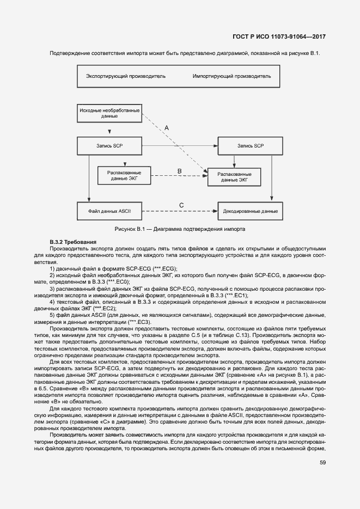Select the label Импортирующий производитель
pos(231,76)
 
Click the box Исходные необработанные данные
pos(109,114)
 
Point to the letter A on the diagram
pos(167,127)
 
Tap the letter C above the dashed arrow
pos(181,205)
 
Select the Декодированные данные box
pos(250,211)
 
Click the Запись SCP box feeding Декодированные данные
pos(250,146)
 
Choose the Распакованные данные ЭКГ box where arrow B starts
pos(125,175)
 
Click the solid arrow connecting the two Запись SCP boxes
pos(180,146)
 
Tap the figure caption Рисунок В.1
pos(180,229)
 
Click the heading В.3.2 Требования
pos(72,241)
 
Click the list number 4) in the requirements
pos(52,301)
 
